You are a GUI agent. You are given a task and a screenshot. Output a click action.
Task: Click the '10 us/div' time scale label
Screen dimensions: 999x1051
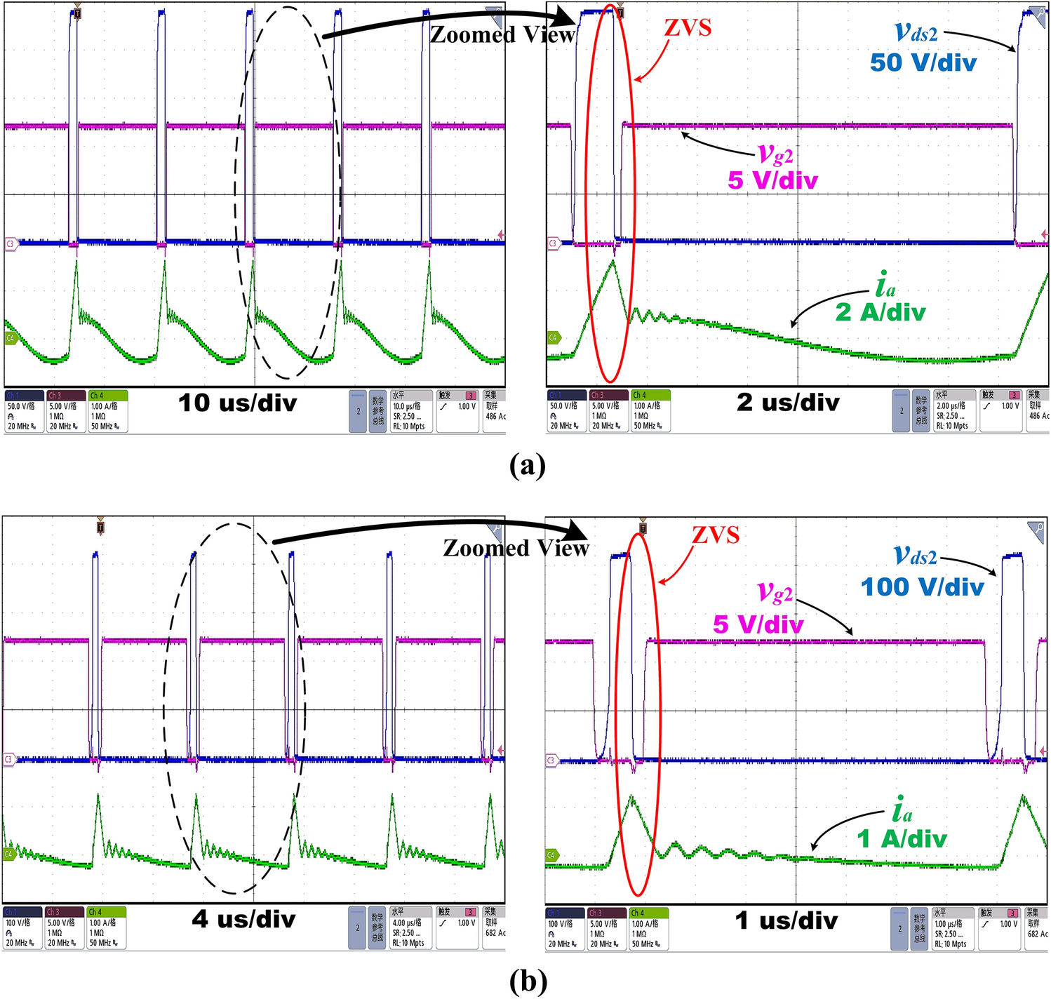237,403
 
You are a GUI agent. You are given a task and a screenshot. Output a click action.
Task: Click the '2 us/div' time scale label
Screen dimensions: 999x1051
787,403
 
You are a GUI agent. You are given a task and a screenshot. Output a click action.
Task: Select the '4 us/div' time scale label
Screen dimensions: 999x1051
243,919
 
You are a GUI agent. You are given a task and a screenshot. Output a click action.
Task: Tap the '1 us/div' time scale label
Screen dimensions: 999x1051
786,920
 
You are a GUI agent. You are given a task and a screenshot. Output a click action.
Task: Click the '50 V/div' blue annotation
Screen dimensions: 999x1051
923,62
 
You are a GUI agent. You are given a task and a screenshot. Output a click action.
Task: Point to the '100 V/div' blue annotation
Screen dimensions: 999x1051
922,586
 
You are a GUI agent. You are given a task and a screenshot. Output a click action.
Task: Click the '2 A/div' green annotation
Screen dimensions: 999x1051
880,311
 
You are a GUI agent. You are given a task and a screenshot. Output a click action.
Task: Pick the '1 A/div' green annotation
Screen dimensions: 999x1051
902,838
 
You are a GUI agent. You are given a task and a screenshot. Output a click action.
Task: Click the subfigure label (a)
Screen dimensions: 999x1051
528,465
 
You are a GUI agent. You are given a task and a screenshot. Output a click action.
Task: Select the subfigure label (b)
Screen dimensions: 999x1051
528,981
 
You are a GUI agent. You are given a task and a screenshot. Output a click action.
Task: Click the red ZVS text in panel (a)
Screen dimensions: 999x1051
688,28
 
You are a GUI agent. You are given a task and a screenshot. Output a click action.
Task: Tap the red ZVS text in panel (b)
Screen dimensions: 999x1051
715,535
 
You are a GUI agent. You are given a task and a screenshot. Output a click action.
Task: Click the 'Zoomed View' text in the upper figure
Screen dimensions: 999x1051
502,34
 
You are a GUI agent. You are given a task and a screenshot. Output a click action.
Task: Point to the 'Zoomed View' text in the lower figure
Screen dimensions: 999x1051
516,548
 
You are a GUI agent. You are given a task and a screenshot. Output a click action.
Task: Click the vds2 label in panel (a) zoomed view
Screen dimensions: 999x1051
916,32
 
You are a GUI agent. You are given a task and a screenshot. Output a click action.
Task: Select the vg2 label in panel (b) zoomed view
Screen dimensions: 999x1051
775,593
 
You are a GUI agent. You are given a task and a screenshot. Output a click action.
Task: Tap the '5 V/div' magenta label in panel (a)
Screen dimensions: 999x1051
772,180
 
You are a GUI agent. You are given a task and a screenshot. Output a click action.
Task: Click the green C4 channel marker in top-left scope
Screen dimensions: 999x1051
11,338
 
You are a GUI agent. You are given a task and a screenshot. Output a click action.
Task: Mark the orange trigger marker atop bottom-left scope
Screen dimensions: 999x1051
100,528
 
